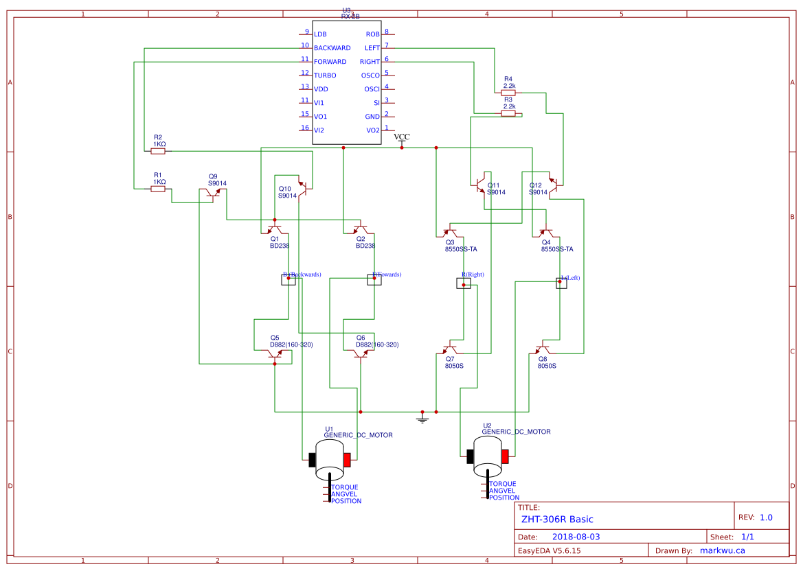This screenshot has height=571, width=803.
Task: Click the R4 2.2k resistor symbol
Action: [x=508, y=91]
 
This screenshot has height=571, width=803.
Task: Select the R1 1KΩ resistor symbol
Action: [x=158, y=189]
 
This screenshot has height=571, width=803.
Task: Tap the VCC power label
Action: [x=402, y=137]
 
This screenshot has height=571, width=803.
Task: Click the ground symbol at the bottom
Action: [x=422, y=419]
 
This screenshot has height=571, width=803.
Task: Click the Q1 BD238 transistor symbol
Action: [x=274, y=229]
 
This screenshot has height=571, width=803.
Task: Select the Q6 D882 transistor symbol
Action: [x=360, y=354]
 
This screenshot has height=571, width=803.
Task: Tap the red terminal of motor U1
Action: [x=348, y=459]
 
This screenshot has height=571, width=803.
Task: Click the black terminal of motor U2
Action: [x=471, y=456]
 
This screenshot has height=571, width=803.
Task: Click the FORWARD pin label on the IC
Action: [x=330, y=62]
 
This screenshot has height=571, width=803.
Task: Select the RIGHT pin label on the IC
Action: [x=370, y=62]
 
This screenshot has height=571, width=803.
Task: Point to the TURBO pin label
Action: [x=325, y=75]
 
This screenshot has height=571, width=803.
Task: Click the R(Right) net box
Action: [x=464, y=283]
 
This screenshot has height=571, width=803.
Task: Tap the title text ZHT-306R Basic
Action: [x=557, y=520]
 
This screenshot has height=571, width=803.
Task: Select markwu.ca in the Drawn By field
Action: [x=722, y=550]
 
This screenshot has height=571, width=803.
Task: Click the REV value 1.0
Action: [x=765, y=517]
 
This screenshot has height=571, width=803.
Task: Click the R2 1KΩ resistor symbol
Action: [x=158, y=151]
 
